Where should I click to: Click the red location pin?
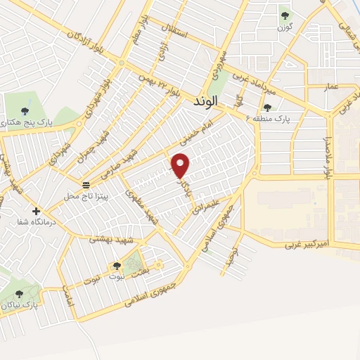coord(181,165)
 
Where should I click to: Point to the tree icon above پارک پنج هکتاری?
coord(26,110)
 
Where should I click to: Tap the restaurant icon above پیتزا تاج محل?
coord(86,185)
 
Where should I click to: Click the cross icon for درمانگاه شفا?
coord(36,211)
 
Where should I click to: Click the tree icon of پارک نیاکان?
coord(19,295)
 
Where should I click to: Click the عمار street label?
coord(331,86)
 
